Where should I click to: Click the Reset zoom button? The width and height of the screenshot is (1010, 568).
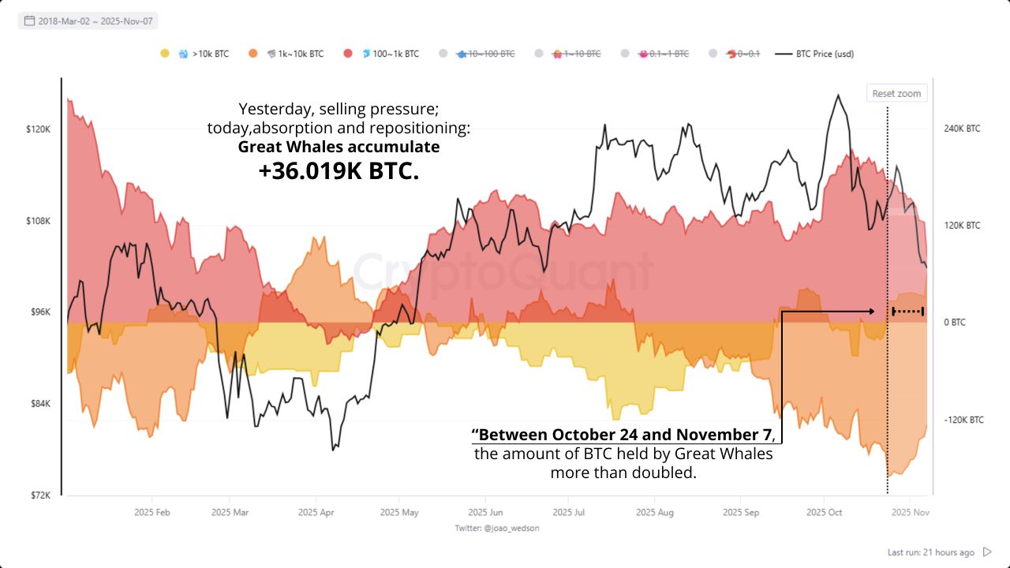tap(896, 93)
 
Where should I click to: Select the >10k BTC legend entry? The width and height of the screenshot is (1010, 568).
tap(203, 54)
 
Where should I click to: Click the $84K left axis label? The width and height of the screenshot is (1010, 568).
tap(39, 404)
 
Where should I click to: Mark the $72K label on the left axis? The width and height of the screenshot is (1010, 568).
tap(39, 495)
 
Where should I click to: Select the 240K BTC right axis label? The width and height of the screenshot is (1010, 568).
tap(962, 129)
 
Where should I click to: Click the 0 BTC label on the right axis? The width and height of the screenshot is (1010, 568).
tap(954, 323)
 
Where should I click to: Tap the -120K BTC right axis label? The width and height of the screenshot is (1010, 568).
tap(963, 420)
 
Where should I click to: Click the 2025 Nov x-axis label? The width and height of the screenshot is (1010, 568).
tap(910, 512)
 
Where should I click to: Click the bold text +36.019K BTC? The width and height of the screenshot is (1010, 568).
tap(339, 171)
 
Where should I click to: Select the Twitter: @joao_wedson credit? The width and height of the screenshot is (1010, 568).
tap(497, 528)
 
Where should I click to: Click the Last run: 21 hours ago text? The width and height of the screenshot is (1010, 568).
tap(930, 552)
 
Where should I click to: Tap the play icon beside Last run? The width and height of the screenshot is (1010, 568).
tap(987, 552)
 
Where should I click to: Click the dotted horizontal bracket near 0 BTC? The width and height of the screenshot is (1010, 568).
tap(907, 312)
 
